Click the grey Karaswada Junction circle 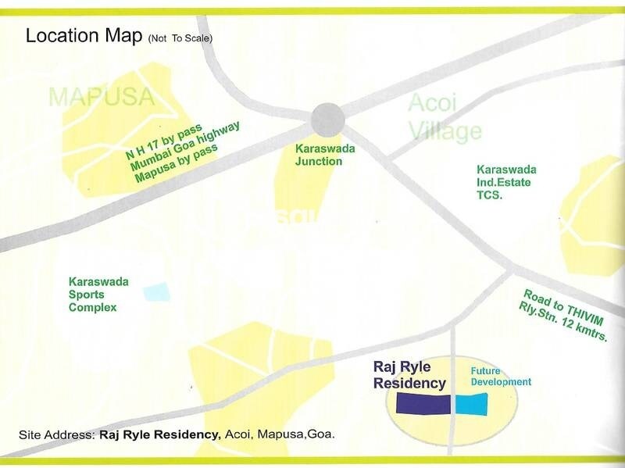point(327,120)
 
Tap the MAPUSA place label point(102,97)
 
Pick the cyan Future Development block point(471,404)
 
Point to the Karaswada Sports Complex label point(98,294)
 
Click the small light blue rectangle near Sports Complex point(156,292)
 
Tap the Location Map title point(84,36)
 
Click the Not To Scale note point(180,38)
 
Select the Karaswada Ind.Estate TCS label point(506,182)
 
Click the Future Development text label point(500,377)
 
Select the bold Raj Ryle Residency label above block point(409,375)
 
